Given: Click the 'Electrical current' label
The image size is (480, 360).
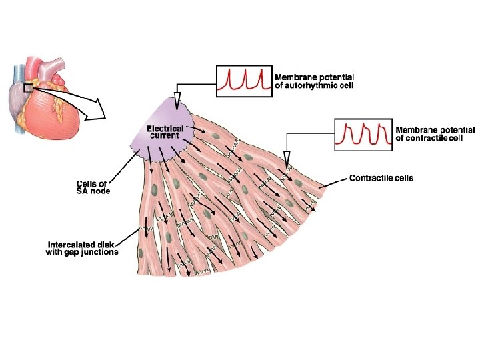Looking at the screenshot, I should coord(165,131).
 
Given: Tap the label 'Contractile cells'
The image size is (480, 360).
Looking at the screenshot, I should coord(381,178).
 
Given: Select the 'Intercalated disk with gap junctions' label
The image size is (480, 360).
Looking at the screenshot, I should coord(83,247).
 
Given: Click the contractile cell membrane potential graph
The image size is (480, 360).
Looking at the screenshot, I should coord(361,133).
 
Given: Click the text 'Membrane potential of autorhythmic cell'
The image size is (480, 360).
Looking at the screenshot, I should coord(315,81).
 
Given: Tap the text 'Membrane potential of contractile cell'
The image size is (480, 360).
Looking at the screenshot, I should coord(435,133).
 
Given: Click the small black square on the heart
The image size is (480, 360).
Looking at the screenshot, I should coord(28,87).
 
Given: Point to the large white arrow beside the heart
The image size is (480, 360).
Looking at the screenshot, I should coord(93,107).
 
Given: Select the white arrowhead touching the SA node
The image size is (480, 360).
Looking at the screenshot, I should coord(177,101).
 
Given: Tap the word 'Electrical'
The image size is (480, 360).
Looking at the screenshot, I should coord(165,127).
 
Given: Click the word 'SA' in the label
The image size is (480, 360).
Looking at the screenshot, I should coord(83,191).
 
